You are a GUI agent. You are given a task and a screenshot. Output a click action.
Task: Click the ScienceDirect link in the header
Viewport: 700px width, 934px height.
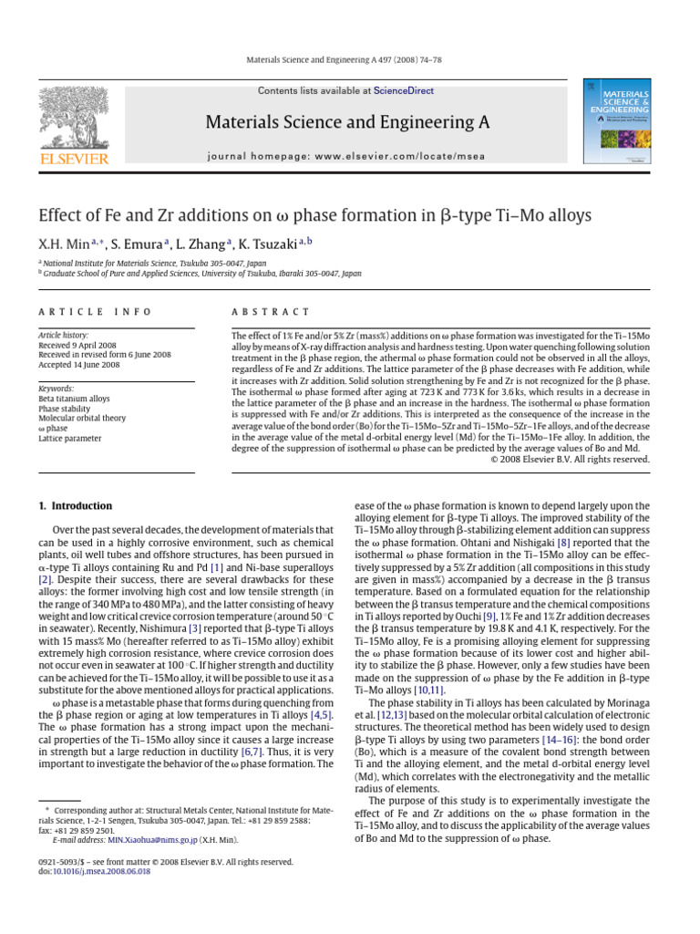[x=403, y=91]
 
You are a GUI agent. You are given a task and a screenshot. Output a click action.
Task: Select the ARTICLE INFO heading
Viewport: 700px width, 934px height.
[x=96, y=311]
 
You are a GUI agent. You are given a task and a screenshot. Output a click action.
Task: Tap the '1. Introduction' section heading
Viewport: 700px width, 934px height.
[x=75, y=505]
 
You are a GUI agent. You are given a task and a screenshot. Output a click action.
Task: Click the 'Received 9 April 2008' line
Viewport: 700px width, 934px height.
[x=79, y=346]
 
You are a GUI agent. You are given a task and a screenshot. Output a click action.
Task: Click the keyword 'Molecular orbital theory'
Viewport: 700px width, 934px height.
[x=82, y=418]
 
